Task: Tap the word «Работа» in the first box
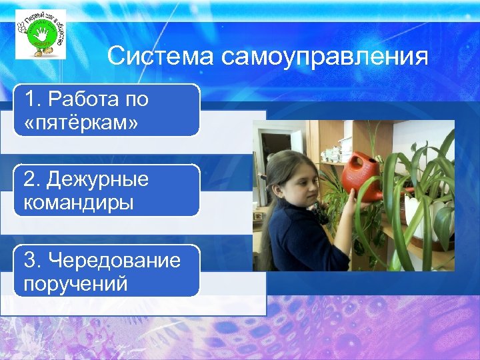(83, 101)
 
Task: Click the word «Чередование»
(113, 260)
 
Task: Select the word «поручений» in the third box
(75, 283)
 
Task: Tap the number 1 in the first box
(30, 101)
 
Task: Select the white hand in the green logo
(39, 33)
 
